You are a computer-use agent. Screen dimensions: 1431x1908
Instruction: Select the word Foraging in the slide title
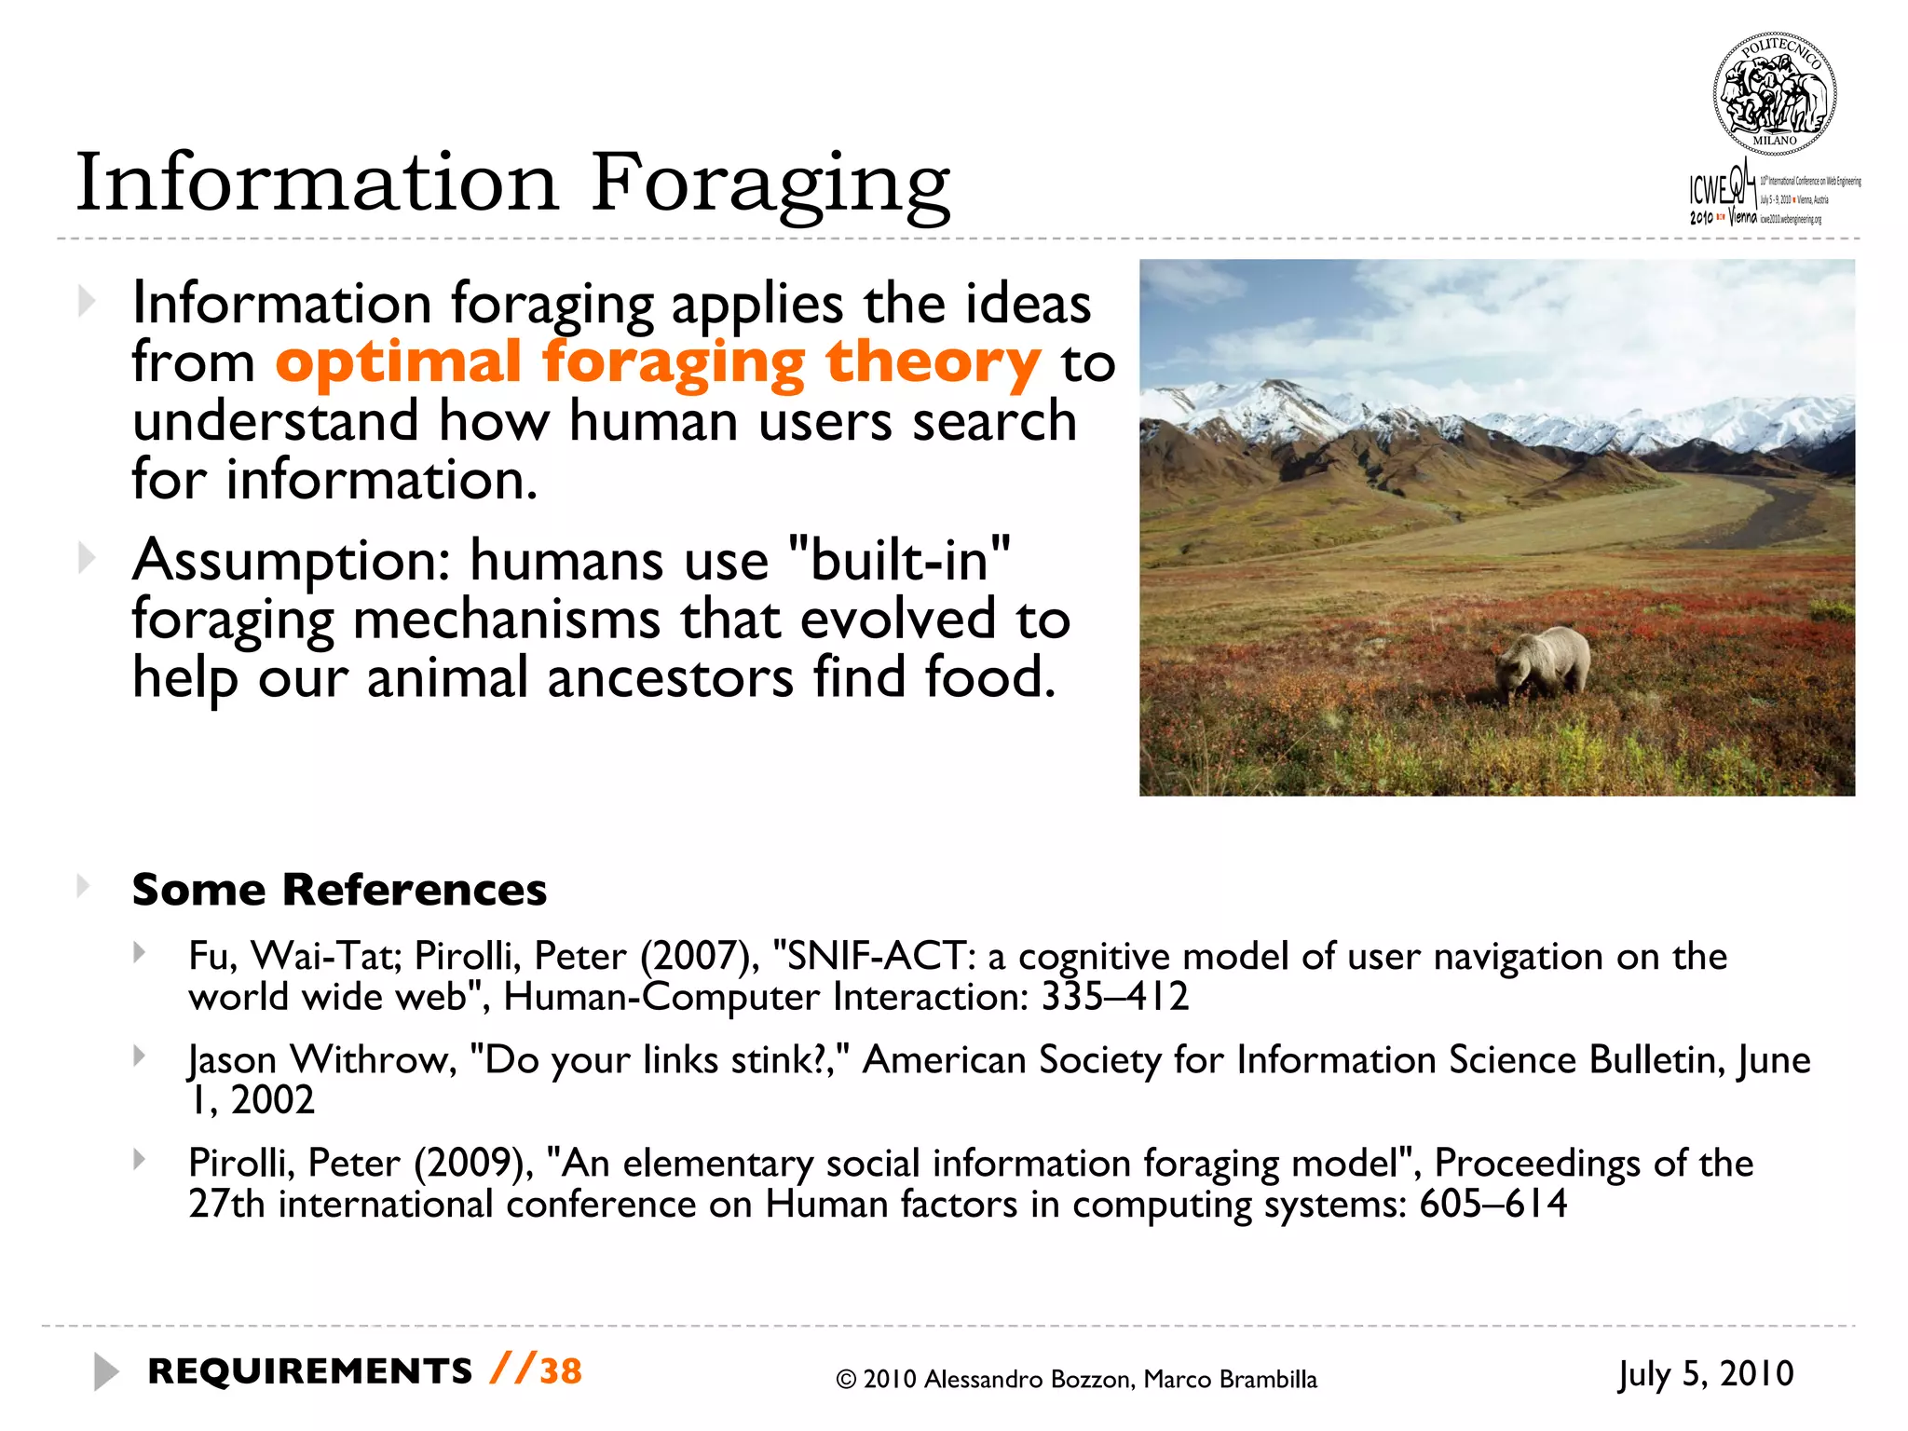770,184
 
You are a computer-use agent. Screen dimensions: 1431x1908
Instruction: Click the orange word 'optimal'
398,362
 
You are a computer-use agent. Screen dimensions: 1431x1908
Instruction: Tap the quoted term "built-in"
899,560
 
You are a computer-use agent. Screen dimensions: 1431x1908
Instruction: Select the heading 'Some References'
339,889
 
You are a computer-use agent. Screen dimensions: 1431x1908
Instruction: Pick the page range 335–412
1114,997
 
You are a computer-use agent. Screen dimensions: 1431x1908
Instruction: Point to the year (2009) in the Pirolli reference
473,1164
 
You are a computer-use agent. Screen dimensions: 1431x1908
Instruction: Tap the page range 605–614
1492,1205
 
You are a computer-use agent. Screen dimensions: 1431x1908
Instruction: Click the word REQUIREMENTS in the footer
310,1371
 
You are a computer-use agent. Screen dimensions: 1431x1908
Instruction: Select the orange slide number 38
561,1371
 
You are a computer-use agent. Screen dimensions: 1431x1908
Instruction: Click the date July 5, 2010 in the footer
1705,1374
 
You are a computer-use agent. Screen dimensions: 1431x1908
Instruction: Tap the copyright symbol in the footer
846,1380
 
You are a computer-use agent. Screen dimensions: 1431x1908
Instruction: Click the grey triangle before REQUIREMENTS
106,1372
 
